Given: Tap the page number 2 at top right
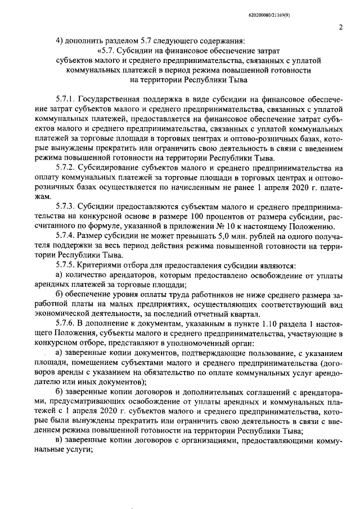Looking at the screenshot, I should [341, 27].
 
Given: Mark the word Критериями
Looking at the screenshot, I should [103, 263].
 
